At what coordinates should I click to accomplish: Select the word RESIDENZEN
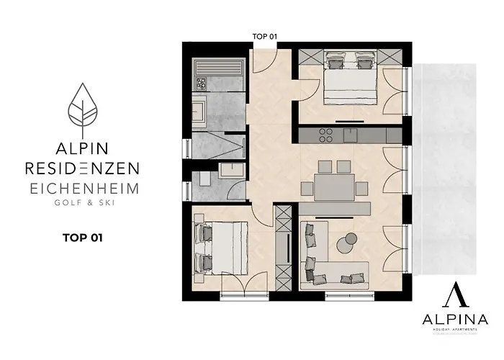click(82, 168)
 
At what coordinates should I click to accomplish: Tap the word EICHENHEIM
click(82, 188)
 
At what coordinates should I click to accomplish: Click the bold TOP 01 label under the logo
click(81, 236)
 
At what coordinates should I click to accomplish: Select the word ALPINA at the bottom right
click(451, 320)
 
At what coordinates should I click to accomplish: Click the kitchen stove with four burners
click(324, 135)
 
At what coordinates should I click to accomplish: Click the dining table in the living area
click(334, 187)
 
